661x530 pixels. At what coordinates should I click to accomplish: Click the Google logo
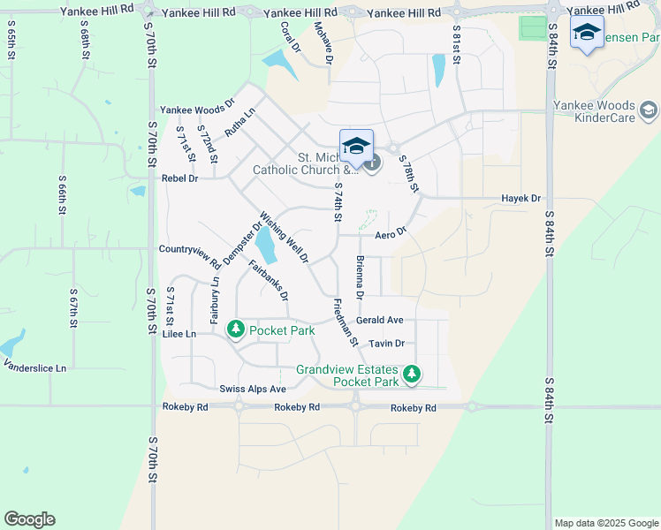click(x=29, y=519)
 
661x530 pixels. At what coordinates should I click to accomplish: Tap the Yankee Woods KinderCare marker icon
click(x=649, y=110)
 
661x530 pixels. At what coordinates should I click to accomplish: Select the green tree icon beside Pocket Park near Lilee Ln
click(x=236, y=329)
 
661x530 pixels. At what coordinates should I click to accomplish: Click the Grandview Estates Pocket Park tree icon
click(x=411, y=375)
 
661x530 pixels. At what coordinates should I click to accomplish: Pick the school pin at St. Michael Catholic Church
click(x=356, y=146)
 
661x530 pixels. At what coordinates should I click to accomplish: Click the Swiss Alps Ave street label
click(x=253, y=389)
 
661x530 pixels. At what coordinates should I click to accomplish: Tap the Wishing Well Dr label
click(x=284, y=237)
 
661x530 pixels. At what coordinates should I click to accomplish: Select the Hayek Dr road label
click(x=520, y=199)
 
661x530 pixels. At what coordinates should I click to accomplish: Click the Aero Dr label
click(x=390, y=234)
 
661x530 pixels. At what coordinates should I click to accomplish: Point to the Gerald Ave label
click(x=380, y=320)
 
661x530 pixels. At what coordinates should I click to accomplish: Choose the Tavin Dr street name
click(x=386, y=344)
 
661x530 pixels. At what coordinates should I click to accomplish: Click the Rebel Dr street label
click(x=180, y=178)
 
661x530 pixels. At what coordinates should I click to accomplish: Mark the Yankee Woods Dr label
click(x=196, y=110)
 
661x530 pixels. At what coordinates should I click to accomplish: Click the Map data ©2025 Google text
click(x=605, y=523)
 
